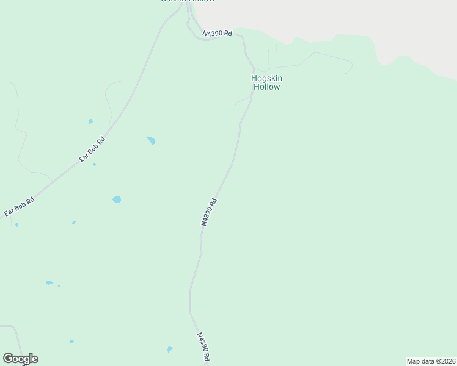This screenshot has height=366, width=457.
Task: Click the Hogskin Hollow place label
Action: pos(267,82)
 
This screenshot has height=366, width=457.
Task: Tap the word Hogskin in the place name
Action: pos(267,78)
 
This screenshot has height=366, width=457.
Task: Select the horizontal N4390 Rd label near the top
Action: pos(218,33)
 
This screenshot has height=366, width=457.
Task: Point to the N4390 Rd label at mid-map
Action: pos(209,212)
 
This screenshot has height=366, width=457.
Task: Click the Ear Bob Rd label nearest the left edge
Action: pos(19,206)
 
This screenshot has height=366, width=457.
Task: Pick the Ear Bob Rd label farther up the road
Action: pos(92,149)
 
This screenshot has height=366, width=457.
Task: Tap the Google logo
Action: pos(20,359)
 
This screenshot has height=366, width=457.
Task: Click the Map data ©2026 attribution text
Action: pos(430,361)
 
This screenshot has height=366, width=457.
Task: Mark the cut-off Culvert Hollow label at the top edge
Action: pos(188,1)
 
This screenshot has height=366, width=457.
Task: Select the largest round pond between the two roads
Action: pos(117,199)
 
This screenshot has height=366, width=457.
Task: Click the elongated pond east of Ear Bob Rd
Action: pos(151,141)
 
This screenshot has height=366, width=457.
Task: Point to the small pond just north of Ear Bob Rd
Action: pos(90,121)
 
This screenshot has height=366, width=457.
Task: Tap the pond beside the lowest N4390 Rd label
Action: pos(169,349)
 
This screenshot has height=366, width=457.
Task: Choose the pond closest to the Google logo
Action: pos(71,341)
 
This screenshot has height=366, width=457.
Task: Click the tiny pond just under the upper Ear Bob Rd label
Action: pos(94,164)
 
